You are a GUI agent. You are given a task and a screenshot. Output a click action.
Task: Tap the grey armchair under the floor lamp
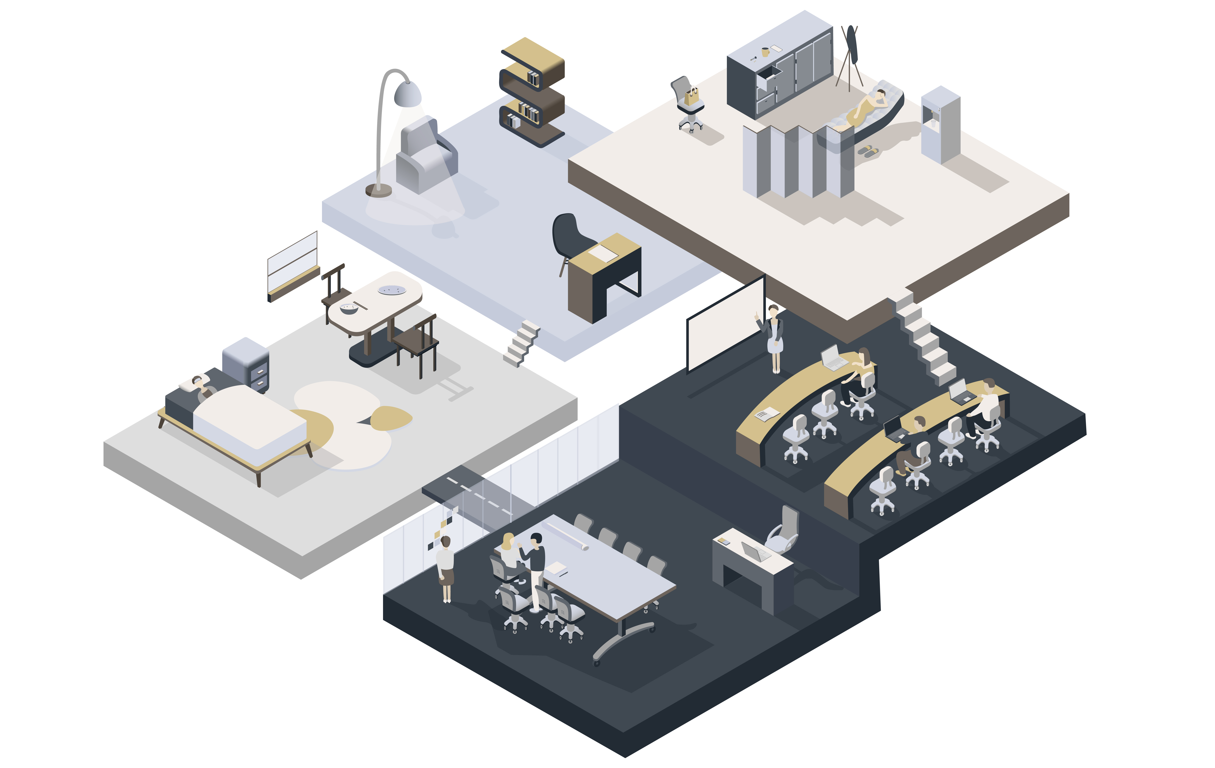pyautogui.click(x=426, y=156)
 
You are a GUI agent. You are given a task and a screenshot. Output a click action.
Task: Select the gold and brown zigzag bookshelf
pyautogui.click(x=532, y=91)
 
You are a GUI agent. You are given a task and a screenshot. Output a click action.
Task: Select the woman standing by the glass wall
pyautogui.click(x=446, y=567)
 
